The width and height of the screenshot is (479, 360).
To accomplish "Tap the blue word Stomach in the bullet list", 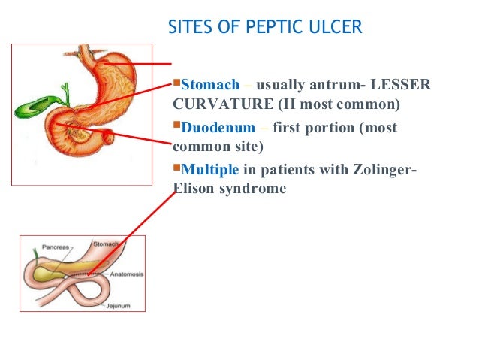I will [210, 84].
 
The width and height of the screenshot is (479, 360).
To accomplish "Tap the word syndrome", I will [252, 189].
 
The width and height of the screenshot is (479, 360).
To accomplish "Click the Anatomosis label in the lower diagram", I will [125, 274].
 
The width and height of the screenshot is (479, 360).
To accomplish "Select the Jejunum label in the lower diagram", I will [107, 307].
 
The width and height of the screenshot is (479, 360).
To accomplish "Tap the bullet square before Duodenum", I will [177, 126].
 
